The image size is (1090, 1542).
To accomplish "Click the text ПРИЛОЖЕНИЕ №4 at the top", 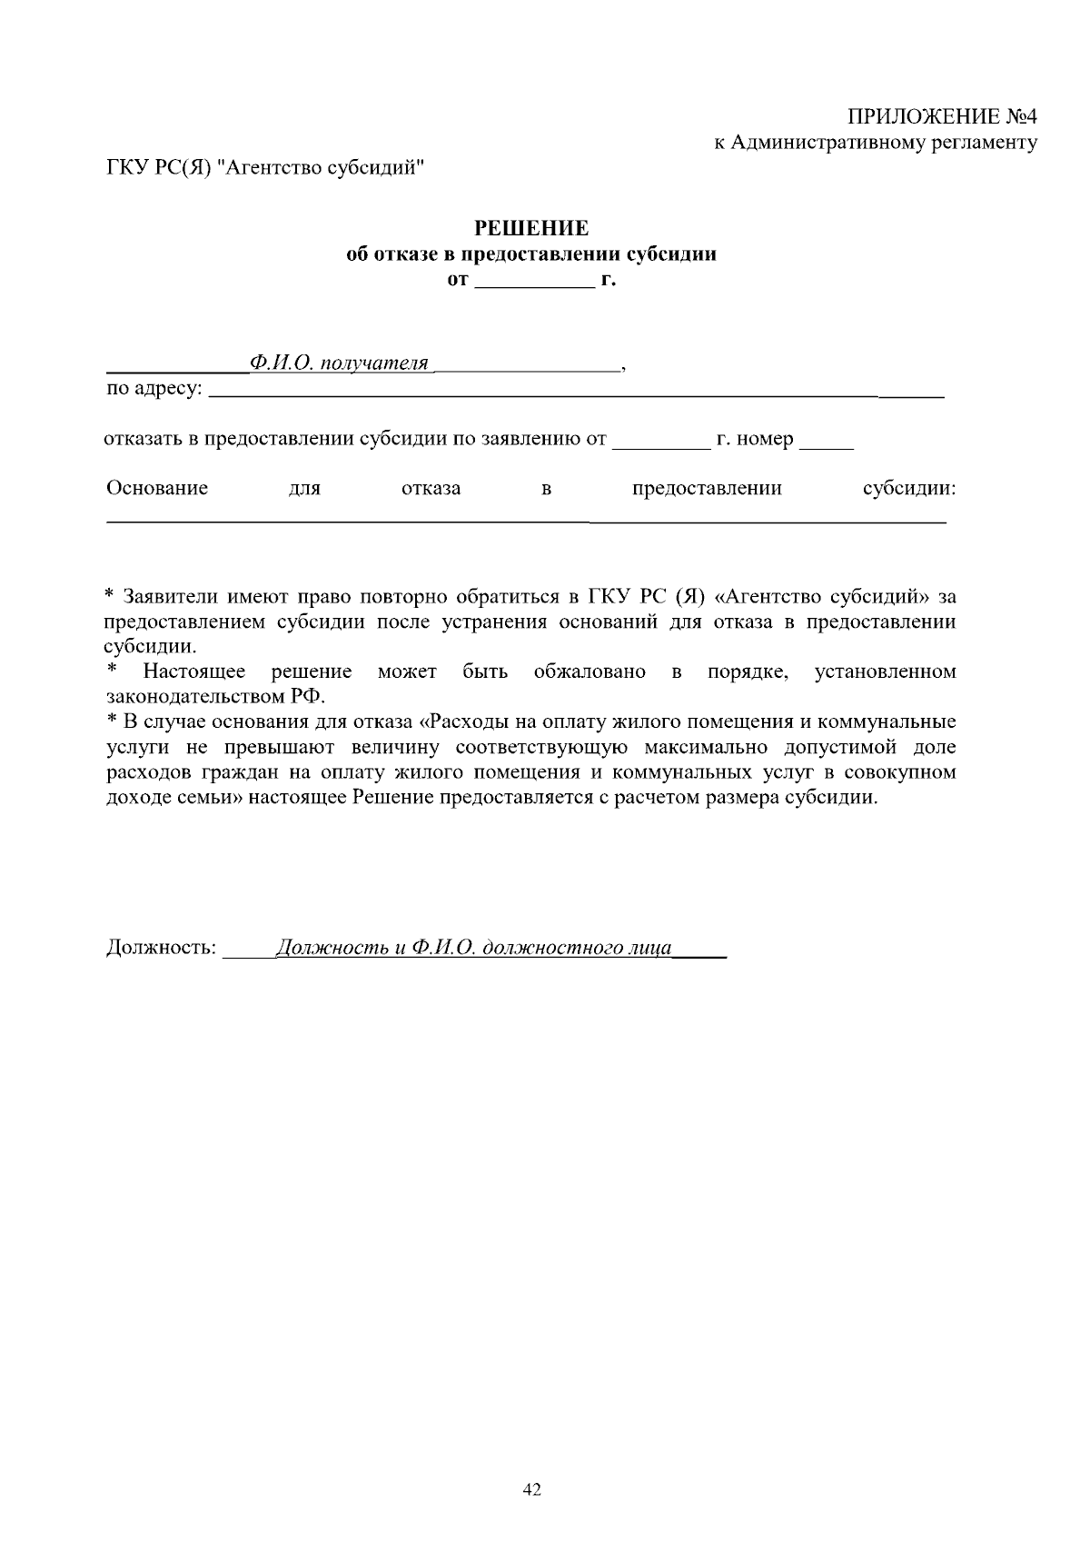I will tap(942, 117).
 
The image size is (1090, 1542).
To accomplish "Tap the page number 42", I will tap(533, 1488).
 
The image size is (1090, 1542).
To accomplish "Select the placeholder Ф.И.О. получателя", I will tap(339, 363).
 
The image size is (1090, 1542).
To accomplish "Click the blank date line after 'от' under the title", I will tap(534, 282).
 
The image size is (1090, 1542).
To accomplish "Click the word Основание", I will tap(157, 488).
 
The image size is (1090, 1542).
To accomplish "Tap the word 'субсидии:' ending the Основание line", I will tap(908, 488).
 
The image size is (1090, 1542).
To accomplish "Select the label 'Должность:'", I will tap(162, 948).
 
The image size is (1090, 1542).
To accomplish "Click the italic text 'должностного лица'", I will tap(577, 948).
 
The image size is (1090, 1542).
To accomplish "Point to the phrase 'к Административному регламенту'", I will tap(874, 143).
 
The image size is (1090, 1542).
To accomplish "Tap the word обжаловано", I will tap(590, 672).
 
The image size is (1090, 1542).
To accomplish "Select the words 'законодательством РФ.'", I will tap(215, 697).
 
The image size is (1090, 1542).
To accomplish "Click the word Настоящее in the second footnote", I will tap(194, 672).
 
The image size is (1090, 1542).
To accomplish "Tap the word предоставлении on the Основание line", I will tap(707, 488).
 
